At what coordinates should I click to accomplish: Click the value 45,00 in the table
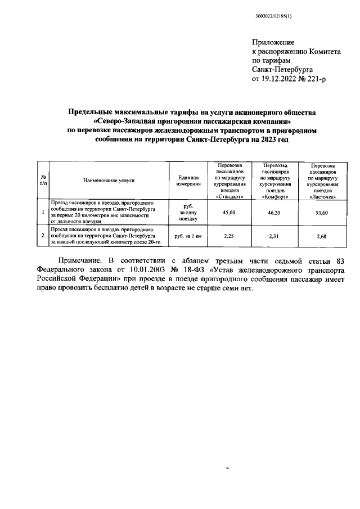point(229,212)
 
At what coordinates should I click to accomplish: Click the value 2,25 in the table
point(229,236)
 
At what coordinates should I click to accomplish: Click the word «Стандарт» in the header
point(229,196)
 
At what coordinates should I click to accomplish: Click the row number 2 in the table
point(43,236)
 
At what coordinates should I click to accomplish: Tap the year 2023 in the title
point(264,139)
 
